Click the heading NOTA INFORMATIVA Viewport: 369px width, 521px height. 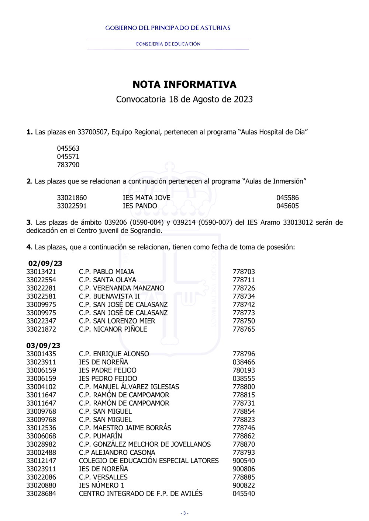(184, 84)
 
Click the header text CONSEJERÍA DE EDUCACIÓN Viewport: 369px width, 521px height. (168, 44)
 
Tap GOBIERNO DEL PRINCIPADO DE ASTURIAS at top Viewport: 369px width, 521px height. (168, 28)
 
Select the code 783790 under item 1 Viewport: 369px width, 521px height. (68, 165)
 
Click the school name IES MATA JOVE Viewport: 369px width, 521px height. (146, 198)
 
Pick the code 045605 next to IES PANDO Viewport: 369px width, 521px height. (287, 206)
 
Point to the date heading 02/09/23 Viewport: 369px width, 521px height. (45, 263)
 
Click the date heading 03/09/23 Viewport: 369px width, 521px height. (43, 346)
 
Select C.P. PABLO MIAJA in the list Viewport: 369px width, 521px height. (107, 272)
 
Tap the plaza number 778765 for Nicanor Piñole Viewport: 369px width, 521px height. (244, 329)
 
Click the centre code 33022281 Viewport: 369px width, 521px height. (41, 288)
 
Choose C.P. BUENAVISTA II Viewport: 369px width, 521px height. (109, 296)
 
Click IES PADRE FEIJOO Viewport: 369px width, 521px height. (107, 370)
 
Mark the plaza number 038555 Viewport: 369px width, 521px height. (244, 378)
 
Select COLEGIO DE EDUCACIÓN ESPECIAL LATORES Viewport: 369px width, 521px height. (149, 461)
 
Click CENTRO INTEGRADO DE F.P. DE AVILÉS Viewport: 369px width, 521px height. (141, 493)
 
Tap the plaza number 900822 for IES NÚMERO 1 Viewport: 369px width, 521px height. (244, 485)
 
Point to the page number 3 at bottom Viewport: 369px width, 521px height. (184, 513)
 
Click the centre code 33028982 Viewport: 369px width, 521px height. (41, 444)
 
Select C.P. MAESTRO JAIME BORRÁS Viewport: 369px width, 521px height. (125, 428)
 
